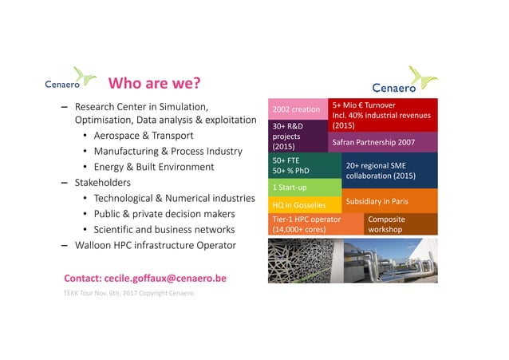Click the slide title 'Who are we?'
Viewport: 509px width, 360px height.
(x=153, y=84)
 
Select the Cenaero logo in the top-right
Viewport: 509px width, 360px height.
(x=405, y=82)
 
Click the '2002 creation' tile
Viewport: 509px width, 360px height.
(x=298, y=109)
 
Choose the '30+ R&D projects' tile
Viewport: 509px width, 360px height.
(x=298, y=136)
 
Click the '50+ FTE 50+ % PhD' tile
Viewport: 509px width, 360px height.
(x=305, y=165)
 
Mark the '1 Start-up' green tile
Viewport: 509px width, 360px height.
(x=306, y=188)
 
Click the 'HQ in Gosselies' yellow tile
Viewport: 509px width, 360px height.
(x=306, y=205)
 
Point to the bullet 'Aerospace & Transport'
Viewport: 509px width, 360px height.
(x=144, y=136)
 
